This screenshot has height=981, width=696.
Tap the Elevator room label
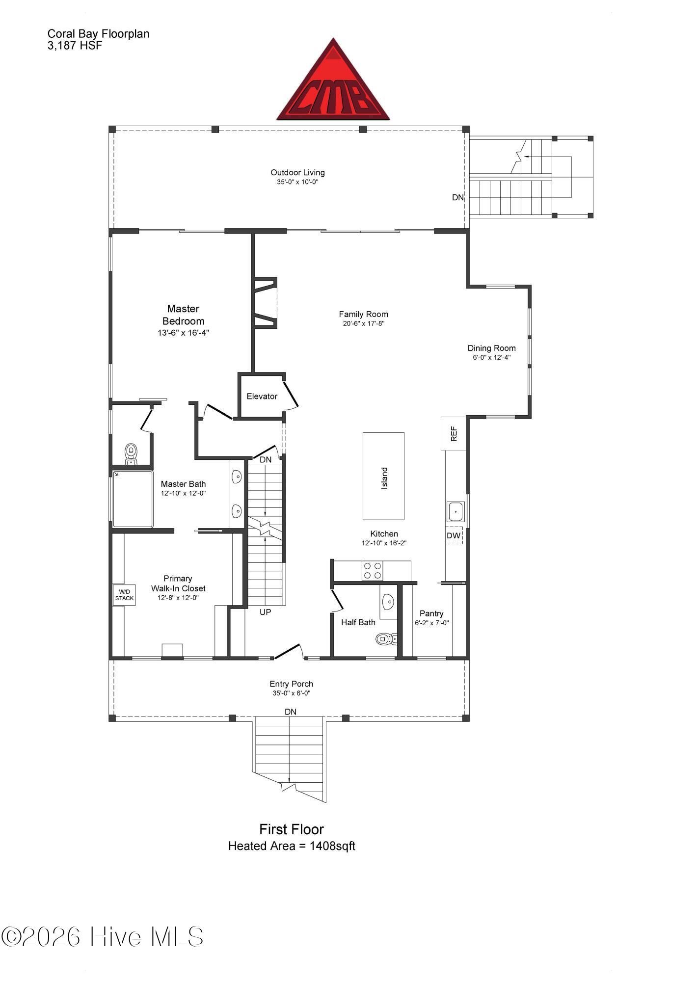(x=262, y=397)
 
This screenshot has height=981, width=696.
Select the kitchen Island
(x=383, y=476)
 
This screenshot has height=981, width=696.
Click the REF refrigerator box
(x=454, y=434)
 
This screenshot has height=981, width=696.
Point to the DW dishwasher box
(x=454, y=535)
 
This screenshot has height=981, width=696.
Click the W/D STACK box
(x=124, y=595)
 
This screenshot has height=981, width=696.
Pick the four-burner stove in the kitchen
(x=373, y=571)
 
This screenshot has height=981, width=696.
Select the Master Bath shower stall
(x=133, y=499)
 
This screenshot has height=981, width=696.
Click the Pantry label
(x=431, y=613)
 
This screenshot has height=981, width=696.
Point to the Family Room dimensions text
(x=363, y=323)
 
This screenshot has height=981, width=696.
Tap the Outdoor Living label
(x=298, y=173)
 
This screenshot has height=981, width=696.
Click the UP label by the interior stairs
(x=265, y=612)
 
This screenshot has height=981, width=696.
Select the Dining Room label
(x=491, y=348)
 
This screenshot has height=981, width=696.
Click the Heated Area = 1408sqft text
(x=292, y=846)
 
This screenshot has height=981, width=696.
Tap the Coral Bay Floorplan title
(x=98, y=34)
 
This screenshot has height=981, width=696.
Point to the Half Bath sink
(x=388, y=602)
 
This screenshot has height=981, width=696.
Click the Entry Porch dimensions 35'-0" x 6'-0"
(x=292, y=693)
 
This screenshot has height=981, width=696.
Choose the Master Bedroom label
(x=183, y=315)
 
